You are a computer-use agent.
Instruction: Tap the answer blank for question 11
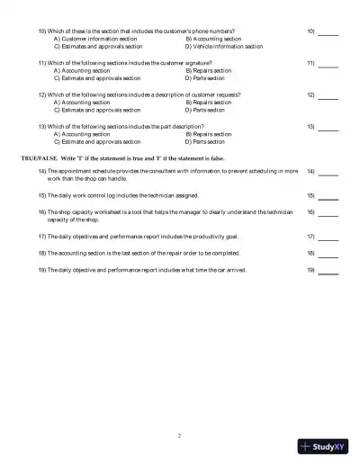pyautogui.click(x=328, y=65)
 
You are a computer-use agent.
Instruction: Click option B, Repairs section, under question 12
pyautogui.click(x=208, y=103)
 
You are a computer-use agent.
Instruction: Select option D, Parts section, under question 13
pyautogui.click(x=204, y=141)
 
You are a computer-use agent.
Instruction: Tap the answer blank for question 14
pyautogui.click(x=328, y=172)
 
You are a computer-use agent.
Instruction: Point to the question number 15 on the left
pyautogui.click(x=41, y=195)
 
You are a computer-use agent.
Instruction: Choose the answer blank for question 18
pyautogui.click(x=328, y=255)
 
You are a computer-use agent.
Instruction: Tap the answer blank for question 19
pyautogui.click(x=328, y=270)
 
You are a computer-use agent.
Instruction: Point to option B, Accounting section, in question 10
pyautogui.click(x=213, y=40)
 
